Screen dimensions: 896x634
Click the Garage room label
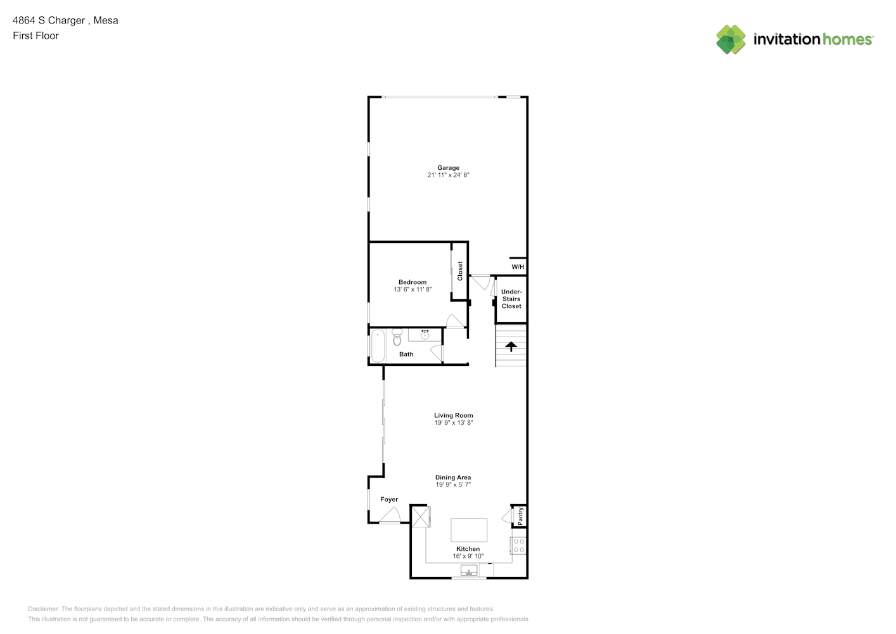(448, 168)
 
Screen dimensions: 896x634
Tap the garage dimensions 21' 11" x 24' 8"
(448, 175)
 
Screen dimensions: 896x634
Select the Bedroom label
(413, 282)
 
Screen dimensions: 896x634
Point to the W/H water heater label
(518, 266)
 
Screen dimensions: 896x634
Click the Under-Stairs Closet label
(511, 299)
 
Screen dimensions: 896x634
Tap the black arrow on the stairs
(511, 346)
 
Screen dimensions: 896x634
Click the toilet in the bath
(397, 337)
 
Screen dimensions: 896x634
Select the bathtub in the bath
(378, 346)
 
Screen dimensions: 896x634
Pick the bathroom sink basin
(425, 335)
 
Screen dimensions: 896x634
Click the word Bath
(406, 354)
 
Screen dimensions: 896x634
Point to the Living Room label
(454, 415)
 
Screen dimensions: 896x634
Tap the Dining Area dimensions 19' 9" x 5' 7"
(453, 485)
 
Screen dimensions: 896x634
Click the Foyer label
(389, 500)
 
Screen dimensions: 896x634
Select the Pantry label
(520, 516)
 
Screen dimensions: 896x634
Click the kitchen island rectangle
(469, 530)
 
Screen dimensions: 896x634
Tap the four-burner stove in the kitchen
(518, 545)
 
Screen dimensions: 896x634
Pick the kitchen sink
(469, 571)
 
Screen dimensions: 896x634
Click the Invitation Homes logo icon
(731, 39)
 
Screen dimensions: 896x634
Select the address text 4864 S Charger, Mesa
(66, 20)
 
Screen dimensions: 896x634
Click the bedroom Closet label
(460, 271)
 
